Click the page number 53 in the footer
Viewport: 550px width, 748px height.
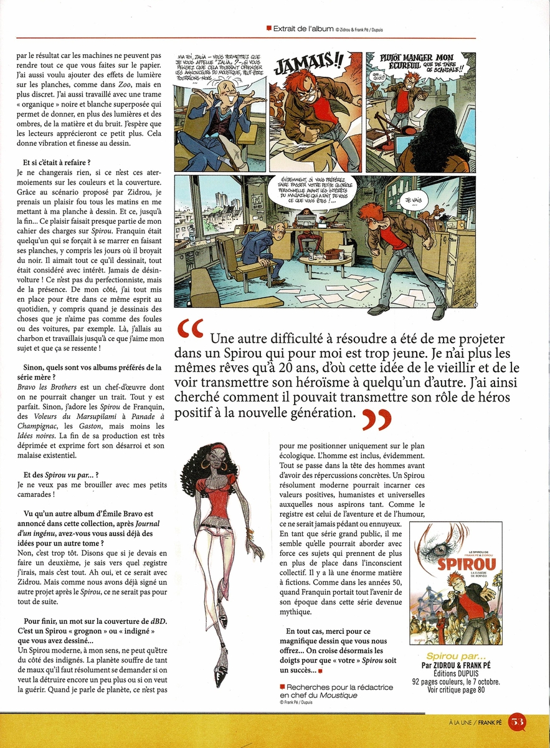click(x=517, y=722)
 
